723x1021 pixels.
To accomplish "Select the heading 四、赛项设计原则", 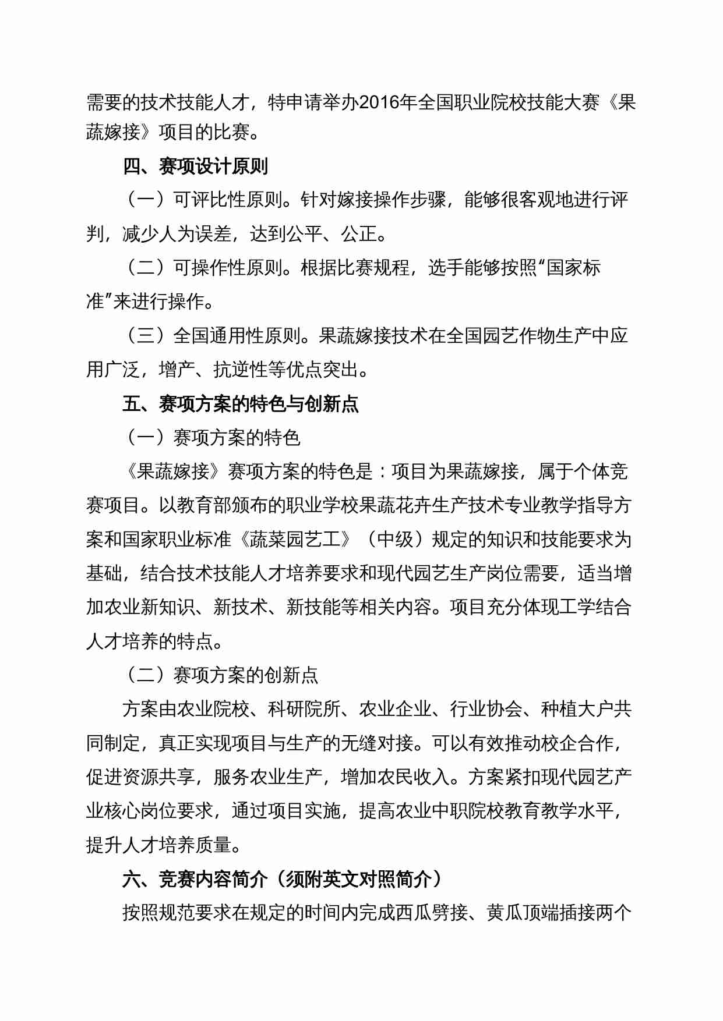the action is [195, 166].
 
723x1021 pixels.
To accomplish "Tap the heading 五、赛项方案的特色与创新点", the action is [241, 403].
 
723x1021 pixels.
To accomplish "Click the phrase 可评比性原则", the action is [228, 200].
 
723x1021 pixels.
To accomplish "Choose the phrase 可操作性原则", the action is [228, 268].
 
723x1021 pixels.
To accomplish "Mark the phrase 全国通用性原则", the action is [237, 336].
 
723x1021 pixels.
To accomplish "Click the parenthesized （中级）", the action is [395, 540].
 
